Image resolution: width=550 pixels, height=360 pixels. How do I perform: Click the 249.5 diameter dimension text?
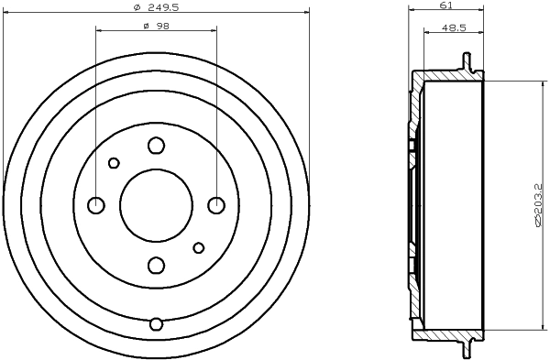point(155,6)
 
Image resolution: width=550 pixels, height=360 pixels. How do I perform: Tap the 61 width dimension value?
point(446,5)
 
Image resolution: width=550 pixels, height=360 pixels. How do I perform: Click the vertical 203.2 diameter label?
point(538,204)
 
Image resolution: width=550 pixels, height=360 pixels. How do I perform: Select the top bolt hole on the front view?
point(156,145)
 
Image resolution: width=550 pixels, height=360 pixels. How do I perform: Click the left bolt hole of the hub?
point(96,204)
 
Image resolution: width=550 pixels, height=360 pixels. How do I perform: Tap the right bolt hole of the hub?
point(215,204)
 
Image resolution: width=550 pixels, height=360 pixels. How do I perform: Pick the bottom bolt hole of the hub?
point(156,265)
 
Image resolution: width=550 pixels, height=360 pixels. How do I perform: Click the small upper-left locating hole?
point(114,163)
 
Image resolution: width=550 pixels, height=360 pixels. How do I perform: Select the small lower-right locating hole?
point(198,246)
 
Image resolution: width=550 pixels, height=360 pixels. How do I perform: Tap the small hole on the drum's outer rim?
point(156,323)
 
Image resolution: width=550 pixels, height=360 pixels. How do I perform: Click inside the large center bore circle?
point(156,204)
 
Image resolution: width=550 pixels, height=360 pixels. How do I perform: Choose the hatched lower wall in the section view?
point(449,332)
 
